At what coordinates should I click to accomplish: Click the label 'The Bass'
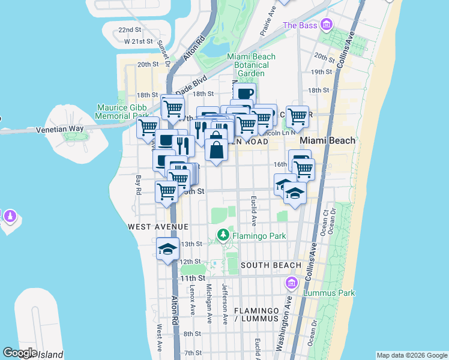point(299,25)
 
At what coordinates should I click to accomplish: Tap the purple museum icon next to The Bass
point(327,25)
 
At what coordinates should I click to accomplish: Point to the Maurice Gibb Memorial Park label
point(122,112)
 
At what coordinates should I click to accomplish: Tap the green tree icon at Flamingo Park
point(223,235)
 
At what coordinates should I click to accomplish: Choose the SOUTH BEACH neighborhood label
point(271,265)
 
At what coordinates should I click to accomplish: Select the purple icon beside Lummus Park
point(292,283)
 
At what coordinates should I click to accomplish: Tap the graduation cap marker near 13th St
point(168,249)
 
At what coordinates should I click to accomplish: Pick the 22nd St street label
point(129,29)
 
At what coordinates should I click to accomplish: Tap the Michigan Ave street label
point(209,304)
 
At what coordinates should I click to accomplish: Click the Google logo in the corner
point(20,353)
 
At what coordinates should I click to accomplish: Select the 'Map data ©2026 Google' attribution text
point(411,355)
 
